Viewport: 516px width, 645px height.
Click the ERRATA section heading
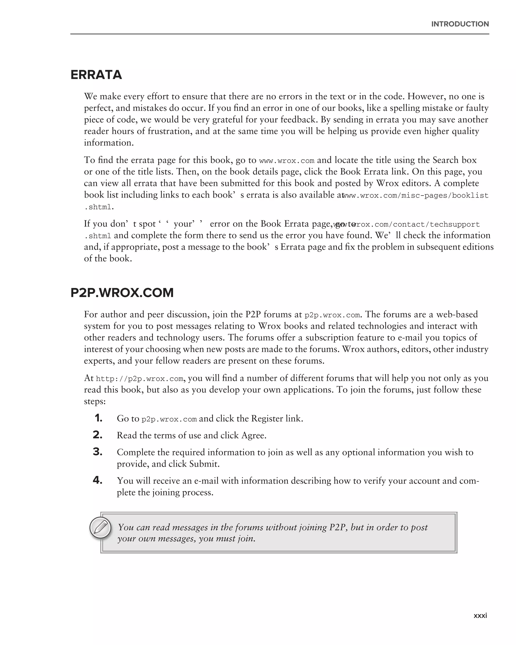(96, 75)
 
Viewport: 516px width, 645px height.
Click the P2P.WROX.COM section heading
(122, 293)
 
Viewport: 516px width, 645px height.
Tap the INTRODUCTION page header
(460, 24)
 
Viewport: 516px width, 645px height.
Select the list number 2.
(98, 435)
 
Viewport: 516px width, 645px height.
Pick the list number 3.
(98, 452)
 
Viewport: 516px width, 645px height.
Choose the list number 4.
(98, 480)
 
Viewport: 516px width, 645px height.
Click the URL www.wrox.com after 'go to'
(286, 161)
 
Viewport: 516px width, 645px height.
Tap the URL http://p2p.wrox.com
(139, 379)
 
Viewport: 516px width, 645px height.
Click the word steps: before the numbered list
(94, 401)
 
